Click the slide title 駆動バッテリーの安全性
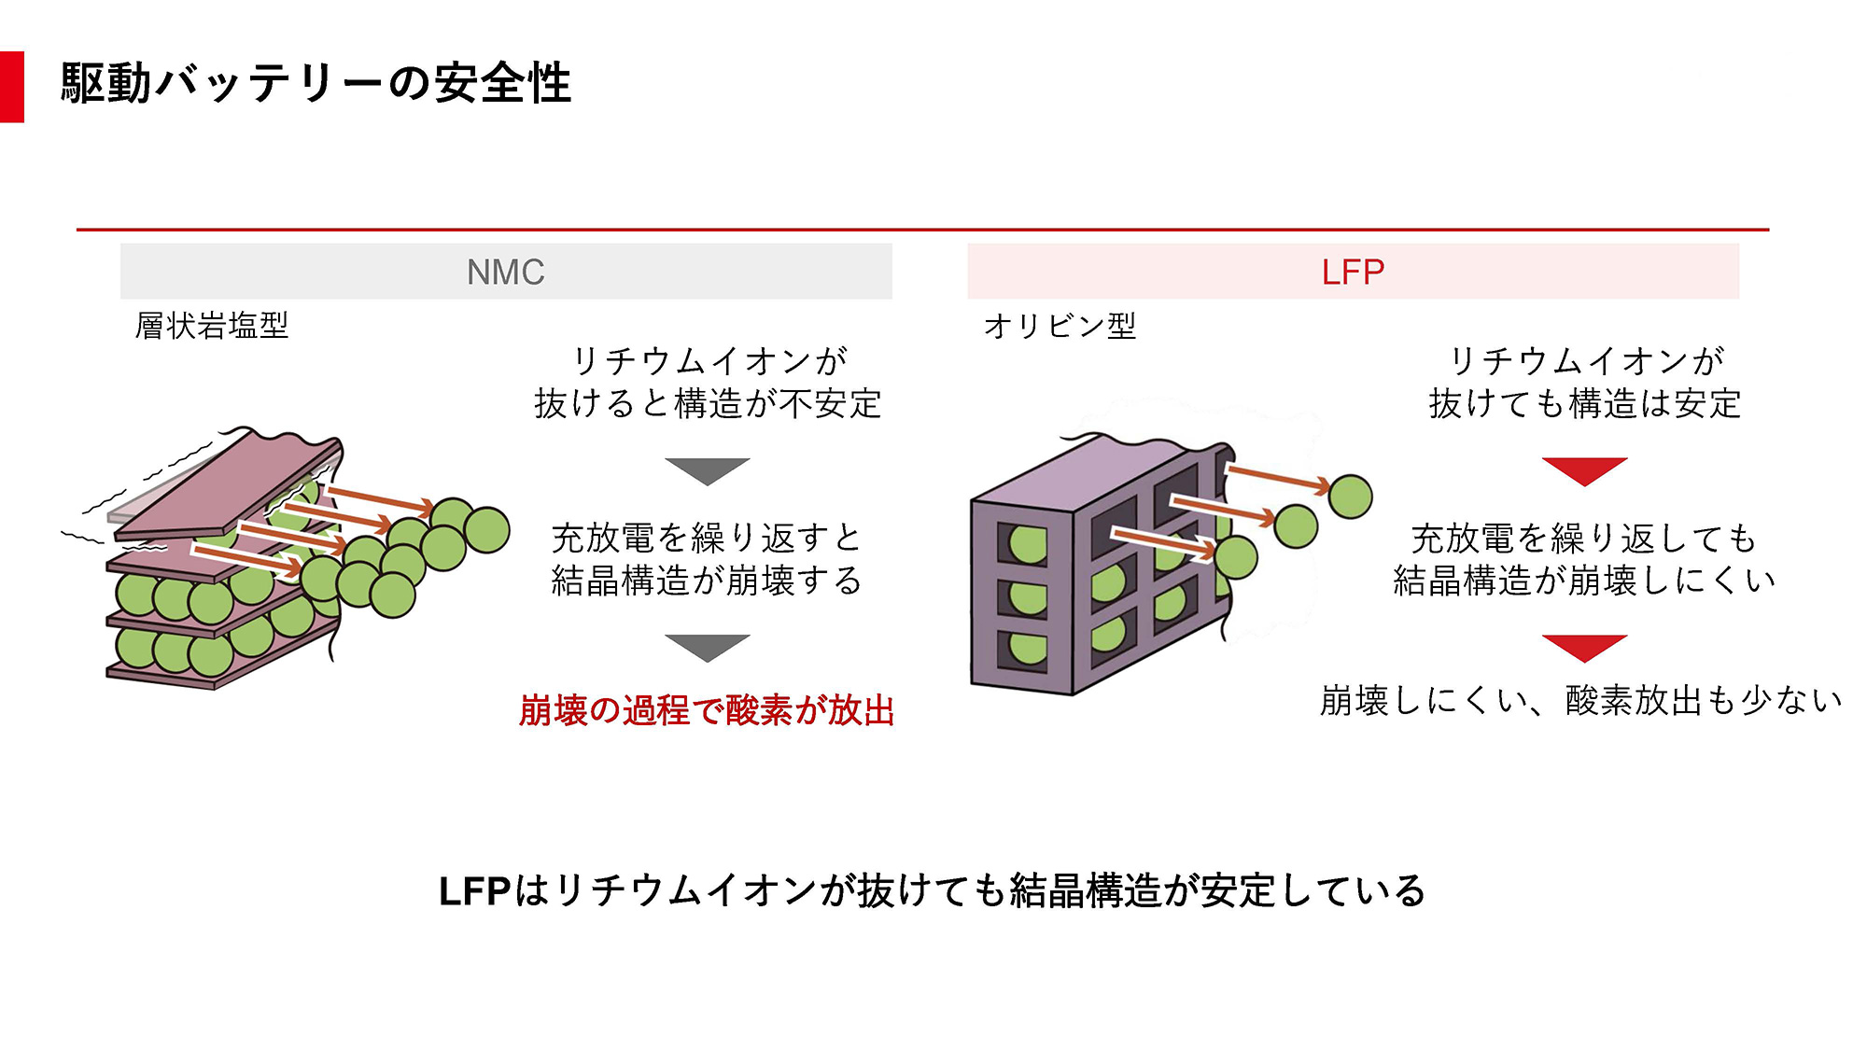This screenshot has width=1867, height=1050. (316, 83)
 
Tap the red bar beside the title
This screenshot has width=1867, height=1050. (11, 86)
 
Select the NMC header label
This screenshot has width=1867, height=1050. (505, 273)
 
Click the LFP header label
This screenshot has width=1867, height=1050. (1353, 273)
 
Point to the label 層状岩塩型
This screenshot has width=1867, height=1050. (212, 326)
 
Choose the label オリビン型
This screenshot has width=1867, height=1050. (1060, 326)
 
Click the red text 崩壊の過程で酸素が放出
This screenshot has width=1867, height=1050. (707, 710)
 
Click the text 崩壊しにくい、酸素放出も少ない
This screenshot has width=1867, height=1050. (1581, 700)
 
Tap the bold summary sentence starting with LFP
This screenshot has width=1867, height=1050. (932, 890)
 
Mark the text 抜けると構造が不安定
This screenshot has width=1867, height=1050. (708, 403)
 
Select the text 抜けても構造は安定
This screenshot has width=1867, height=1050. (1584, 403)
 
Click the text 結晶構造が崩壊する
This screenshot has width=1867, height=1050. (707, 581)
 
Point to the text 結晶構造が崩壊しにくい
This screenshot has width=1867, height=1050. (1584, 581)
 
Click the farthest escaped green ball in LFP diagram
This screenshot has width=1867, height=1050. (1350, 497)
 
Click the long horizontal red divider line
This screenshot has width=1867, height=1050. (922, 229)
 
